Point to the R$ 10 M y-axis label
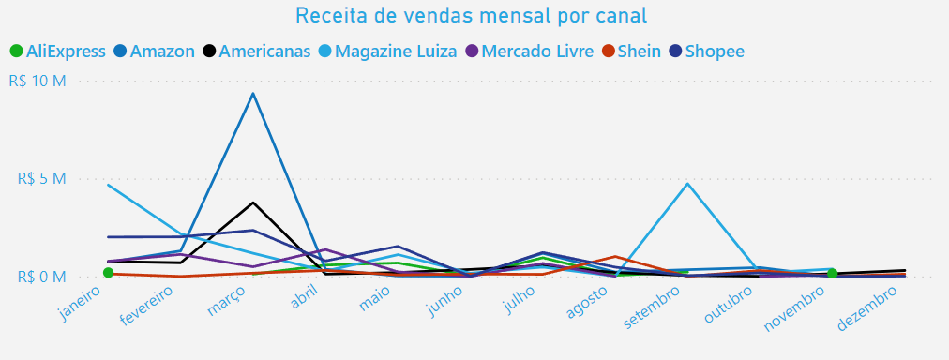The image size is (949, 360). pos(38,81)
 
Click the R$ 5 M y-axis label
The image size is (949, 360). pos(41,178)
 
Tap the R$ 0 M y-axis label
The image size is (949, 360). pos(41,277)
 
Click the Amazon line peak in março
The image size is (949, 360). pos(252,93)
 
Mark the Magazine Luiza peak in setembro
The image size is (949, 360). pos(687,184)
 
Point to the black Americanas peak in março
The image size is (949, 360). pos(252,202)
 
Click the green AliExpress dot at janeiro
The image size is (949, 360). pos(108,273)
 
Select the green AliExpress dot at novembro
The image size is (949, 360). pos(832,273)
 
